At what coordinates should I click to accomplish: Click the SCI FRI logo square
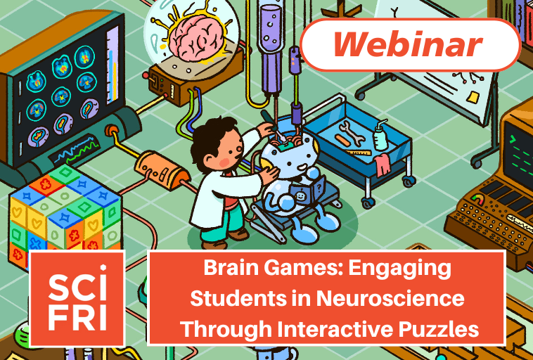(77, 298)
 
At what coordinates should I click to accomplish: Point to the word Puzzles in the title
(436, 328)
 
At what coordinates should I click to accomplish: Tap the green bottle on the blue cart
(380, 137)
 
